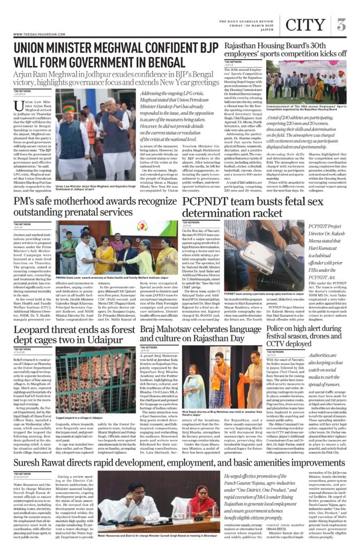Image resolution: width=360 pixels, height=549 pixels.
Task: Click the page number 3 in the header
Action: point(342,24)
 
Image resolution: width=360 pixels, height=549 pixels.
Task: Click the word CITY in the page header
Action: point(305,24)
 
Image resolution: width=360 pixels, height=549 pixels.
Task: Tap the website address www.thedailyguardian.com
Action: point(37,34)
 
